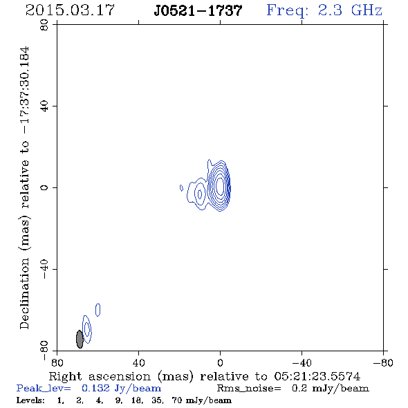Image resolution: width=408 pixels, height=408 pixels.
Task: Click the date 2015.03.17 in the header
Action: [x=70, y=10]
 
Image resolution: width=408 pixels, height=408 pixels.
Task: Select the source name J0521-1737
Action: [x=198, y=10]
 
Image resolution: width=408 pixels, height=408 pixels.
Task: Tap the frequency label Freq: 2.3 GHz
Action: [x=324, y=10]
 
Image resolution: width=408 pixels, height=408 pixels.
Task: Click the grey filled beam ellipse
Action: [x=80, y=339]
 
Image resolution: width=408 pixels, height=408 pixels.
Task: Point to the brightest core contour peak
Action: [x=220, y=186]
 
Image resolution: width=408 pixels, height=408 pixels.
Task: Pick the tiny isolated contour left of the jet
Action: [x=181, y=187]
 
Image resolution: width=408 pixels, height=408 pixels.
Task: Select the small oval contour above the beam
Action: [x=98, y=310]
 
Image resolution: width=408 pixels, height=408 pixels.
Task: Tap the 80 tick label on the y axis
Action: [x=44, y=25]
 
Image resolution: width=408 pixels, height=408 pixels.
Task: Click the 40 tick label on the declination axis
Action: [x=44, y=106]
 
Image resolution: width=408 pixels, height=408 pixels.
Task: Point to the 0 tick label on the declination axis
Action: [x=44, y=187]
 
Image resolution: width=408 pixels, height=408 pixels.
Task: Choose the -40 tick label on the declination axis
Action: [x=44, y=269]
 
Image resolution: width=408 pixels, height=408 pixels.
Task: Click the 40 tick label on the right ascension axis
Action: [x=138, y=363]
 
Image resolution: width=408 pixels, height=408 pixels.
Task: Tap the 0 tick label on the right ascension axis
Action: [x=220, y=363]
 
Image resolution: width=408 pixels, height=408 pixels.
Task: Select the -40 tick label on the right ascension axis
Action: [x=302, y=363]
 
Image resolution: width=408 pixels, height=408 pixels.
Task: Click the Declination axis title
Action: [x=25, y=188]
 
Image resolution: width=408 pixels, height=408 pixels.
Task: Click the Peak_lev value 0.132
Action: [x=95, y=388]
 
